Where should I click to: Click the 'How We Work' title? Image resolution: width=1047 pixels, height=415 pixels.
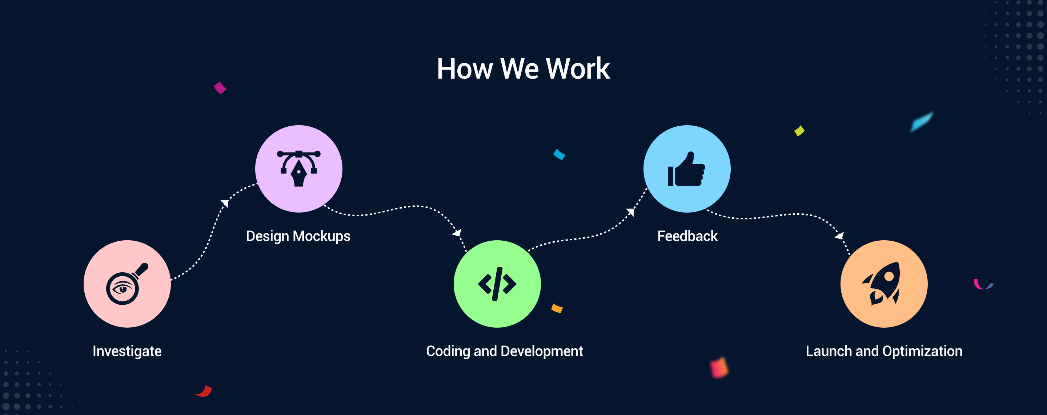[x=523, y=68]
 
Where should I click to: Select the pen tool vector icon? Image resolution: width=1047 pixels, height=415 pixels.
[x=299, y=169]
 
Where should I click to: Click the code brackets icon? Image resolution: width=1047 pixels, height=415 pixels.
[x=497, y=284]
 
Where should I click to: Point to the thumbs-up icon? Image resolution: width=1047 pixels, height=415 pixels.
[x=686, y=169]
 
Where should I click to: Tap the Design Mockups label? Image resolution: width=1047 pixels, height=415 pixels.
[x=298, y=236]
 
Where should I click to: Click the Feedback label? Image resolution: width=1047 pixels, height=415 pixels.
[x=687, y=236]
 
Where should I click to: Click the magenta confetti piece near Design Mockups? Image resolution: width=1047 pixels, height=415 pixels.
[x=220, y=87]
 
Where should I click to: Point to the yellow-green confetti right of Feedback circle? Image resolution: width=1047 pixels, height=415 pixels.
[x=799, y=131]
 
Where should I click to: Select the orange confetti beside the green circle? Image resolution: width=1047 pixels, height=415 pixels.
[x=557, y=308]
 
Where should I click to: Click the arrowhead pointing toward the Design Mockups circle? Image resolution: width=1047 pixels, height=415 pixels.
[x=225, y=203]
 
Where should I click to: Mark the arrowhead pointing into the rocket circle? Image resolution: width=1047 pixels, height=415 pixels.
[x=840, y=236]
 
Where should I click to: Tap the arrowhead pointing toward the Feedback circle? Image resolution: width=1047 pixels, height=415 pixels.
[x=630, y=212]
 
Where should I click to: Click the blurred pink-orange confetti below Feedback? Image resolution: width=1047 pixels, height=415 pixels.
[x=719, y=367]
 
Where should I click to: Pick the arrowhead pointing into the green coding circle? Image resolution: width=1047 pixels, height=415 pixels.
[x=457, y=232]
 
